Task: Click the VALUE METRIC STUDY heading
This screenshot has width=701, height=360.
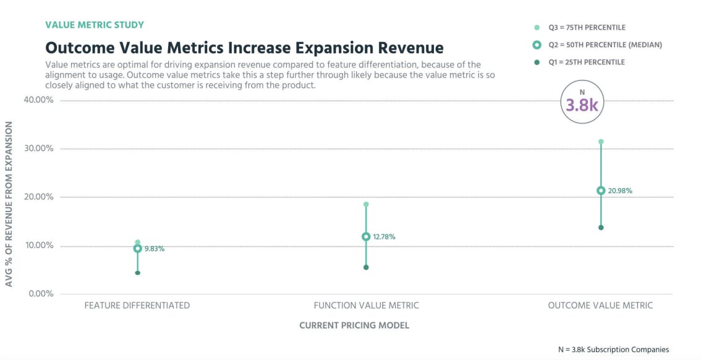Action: [x=95, y=25]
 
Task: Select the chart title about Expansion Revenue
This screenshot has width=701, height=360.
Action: [x=244, y=48]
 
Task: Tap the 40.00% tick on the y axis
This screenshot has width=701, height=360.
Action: [x=39, y=100]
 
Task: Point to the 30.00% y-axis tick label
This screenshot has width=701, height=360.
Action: [x=39, y=148]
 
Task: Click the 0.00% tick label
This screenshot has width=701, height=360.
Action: [x=41, y=294]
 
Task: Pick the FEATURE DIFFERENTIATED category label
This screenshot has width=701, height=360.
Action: [x=137, y=306]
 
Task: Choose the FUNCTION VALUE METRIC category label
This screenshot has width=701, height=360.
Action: [x=366, y=306]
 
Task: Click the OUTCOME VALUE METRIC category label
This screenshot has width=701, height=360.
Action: [x=600, y=306]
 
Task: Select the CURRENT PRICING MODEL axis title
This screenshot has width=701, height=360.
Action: [x=354, y=325]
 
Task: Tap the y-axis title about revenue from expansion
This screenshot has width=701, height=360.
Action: [x=9, y=204]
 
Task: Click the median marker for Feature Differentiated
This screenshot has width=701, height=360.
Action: [x=138, y=249]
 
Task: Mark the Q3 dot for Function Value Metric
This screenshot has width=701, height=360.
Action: [x=366, y=204]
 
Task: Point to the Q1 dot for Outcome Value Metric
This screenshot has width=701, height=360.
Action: [x=601, y=228]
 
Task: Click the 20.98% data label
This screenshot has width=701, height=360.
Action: [x=620, y=191]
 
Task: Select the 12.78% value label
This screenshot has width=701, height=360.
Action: [x=384, y=237]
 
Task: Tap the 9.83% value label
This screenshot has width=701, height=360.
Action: [x=155, y=249]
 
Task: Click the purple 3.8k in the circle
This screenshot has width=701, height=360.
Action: [x=582, y=105]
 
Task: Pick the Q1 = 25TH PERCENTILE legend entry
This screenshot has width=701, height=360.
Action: [x=586, y=62]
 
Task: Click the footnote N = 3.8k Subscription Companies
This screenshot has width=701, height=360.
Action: [x=613, y=349]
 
